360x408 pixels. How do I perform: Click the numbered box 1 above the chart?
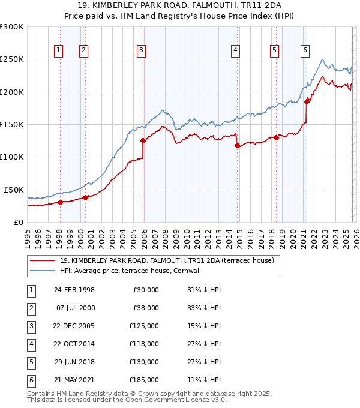tap(59, 51)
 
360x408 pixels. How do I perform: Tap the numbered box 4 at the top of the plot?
tap(236, 51)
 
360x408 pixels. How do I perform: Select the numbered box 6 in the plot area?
tap(305, 51)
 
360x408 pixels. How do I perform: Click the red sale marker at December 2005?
tap(143, 141)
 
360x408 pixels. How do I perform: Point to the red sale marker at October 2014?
tap(237, 145)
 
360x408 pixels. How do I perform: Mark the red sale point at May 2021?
tap(307, 101)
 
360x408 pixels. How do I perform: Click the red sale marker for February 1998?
tap(60, 202)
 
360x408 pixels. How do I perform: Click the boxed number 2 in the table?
tap(30, 307)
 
